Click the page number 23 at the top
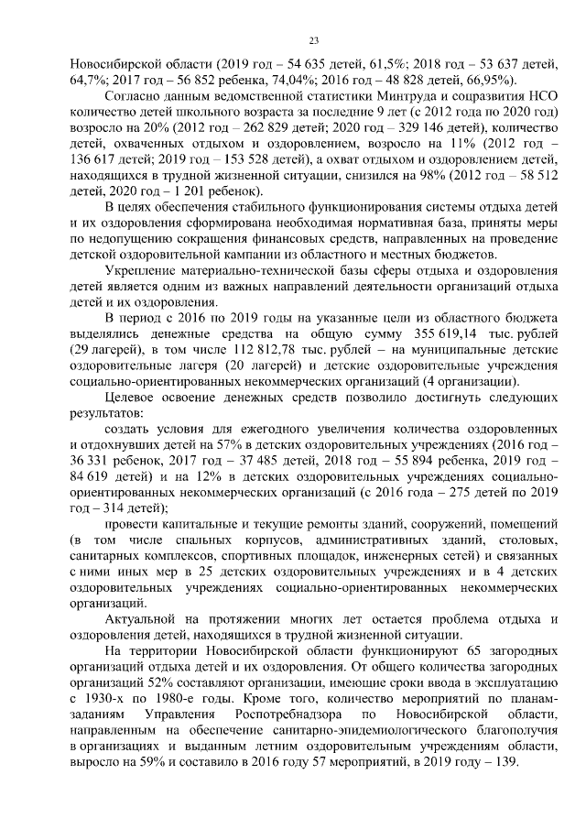point(312,40)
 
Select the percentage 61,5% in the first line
point(373,64)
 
